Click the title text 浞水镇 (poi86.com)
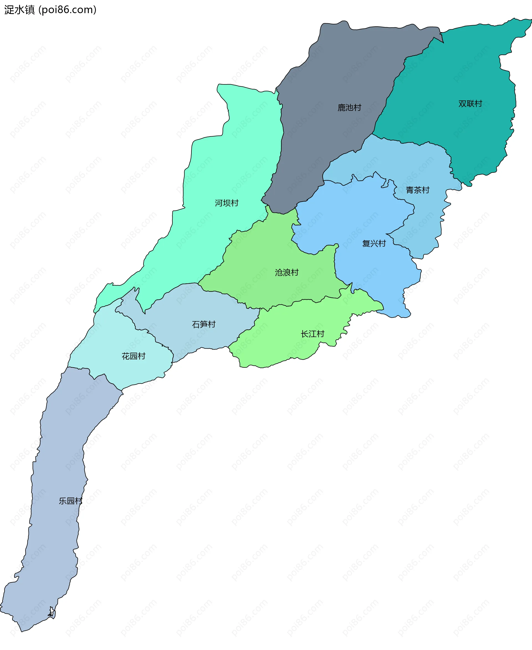(50, 10)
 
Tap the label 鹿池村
(349, 107)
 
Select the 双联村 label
(470, 104)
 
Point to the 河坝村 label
(226, 203)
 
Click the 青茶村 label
(417, 190)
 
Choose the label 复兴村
(374, 243)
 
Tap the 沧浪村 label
(287, 272)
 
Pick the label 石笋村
(203, 324)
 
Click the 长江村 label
(312, 334)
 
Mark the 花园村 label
(133, 356)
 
